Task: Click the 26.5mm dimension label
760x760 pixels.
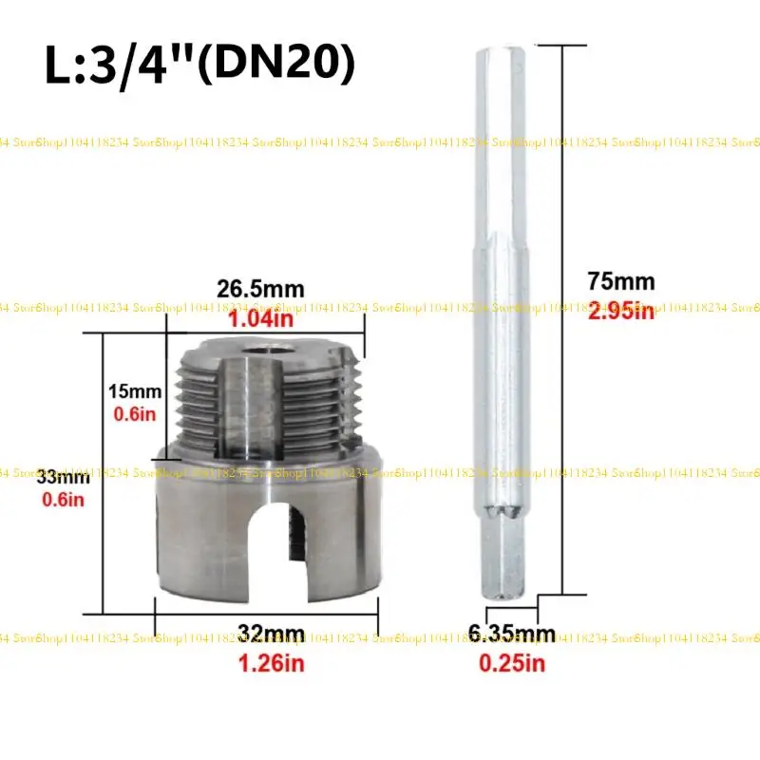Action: pos(257,286)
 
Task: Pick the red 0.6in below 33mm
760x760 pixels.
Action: pos(63,499)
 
